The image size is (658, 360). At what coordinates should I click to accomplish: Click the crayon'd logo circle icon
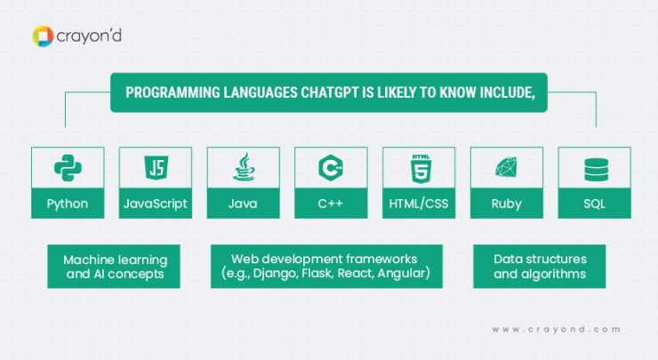click(42, 36)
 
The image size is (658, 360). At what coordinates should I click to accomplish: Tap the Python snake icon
click(68, 168)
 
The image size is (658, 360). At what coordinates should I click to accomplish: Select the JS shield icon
click(155, 168)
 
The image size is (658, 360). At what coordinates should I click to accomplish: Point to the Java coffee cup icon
click(243, 168)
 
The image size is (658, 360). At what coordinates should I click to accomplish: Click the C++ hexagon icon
click(331, 168)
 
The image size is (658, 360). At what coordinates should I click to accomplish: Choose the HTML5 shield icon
click(418, 168)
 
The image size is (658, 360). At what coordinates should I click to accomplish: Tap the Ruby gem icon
click(506, 168)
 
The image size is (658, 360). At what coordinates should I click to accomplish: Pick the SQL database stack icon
click(594, 168)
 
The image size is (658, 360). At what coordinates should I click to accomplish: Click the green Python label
click(68, 204)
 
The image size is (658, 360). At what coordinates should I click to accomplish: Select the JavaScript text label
click(155, 204)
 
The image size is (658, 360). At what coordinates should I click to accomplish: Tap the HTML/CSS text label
click(418, 204)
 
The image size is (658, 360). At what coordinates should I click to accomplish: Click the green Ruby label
click(506, 204)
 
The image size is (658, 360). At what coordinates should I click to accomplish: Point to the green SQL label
click(594, 204)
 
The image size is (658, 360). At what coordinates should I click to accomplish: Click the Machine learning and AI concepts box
click(114, 267)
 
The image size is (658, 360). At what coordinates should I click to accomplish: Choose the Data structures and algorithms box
click(539, 267)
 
